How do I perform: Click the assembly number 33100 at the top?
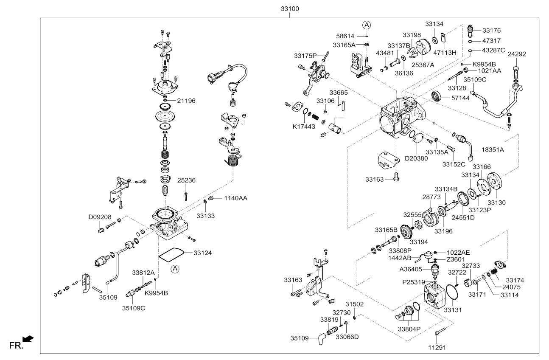pos(290,8)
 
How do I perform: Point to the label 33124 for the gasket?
pos(203,253)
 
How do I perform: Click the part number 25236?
pos(186,180)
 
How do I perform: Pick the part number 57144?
pos(460,97)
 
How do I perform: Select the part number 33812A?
pos(143,272)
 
